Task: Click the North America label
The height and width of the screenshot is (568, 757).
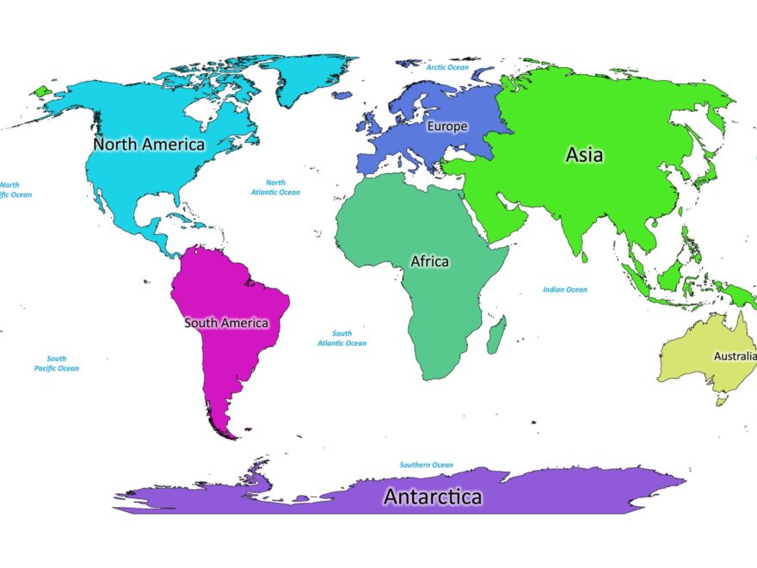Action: point(149,144)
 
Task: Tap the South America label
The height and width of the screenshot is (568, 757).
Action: point(226,323)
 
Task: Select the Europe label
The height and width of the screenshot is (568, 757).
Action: point(447,127)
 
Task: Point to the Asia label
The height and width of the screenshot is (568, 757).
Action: point(584,155)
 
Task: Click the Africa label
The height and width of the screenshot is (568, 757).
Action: point(429,261)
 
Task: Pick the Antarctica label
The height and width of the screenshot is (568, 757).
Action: point(433,497)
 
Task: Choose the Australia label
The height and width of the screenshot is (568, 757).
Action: point(735,355)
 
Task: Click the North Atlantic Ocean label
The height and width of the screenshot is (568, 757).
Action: point(275,187)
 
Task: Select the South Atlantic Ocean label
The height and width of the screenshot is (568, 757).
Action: point(342,338)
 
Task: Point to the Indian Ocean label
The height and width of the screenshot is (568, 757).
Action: point(565,289)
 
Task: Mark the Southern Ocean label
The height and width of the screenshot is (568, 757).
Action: point(426,465)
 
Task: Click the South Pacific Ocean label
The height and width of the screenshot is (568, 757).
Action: point(57,363)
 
